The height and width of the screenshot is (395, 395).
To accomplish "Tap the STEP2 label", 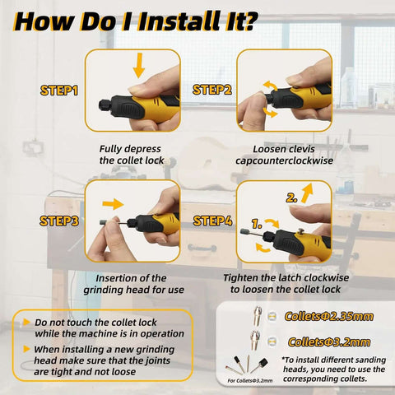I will pos(211,89).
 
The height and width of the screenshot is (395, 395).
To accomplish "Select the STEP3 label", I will pos(59,221).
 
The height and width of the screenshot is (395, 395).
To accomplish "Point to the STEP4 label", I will pos(211,221).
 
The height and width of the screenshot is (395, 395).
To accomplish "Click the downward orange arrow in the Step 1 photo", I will pos(139,65).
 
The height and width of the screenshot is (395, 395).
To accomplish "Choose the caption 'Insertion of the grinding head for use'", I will pos(132,285).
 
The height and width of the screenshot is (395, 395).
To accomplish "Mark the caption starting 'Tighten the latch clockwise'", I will pos(285,285).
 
